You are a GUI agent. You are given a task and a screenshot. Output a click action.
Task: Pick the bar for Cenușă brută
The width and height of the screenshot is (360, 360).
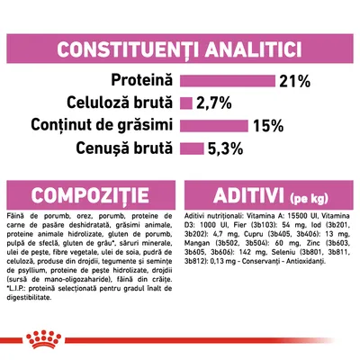(192, 147)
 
